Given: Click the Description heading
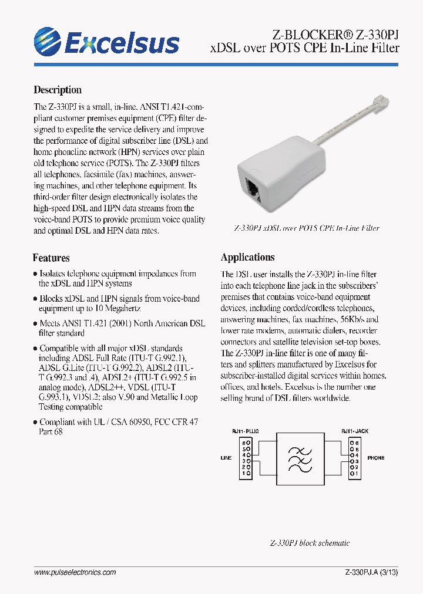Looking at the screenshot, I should (x=58, y=90).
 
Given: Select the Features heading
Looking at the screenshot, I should (x=51, y=258).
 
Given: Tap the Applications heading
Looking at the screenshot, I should (x=247, y=257).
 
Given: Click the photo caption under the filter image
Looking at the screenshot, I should (x=306, y=228).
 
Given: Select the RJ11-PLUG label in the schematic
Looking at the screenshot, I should (x=246, y=431).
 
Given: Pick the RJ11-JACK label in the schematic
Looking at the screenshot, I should (x=354, y=431).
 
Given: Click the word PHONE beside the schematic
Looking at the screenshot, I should (x=377, y=457).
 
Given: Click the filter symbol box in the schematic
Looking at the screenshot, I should (x=300, y=457).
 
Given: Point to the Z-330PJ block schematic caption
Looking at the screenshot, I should (x=310, y=543).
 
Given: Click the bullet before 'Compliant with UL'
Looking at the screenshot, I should (x=35, y=422).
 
